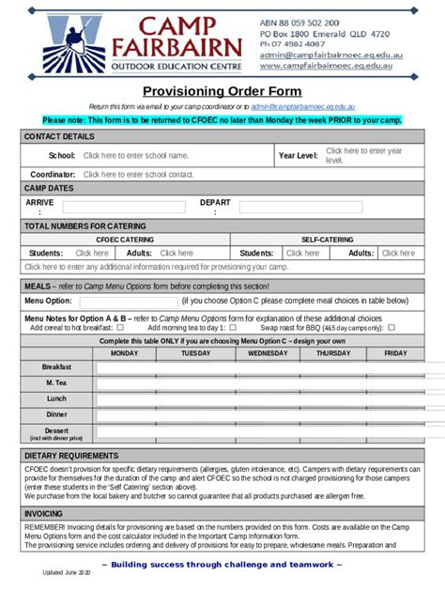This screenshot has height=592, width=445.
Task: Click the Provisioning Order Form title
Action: (x=222, y=91)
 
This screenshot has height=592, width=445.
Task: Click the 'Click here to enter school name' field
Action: (x=135, y=156)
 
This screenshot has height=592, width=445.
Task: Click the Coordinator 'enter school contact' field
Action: (x=138, y=174)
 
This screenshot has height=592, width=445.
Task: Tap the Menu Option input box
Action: (x=128, y=302)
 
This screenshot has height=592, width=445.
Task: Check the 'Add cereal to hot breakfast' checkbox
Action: (x=119, y=328)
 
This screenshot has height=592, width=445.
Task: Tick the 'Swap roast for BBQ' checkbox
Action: (x=391, y=328)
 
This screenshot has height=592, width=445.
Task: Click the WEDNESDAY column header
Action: (x=268, y=353)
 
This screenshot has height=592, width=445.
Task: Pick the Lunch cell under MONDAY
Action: (x=124, y=398)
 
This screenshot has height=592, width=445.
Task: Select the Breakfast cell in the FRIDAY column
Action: (x=395, y=367)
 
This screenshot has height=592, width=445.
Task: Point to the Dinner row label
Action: (x=56, y=414)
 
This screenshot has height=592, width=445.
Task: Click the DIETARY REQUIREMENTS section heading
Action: (x=71, y=455)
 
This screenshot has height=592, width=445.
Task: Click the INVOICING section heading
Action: (x=44, y=514)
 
